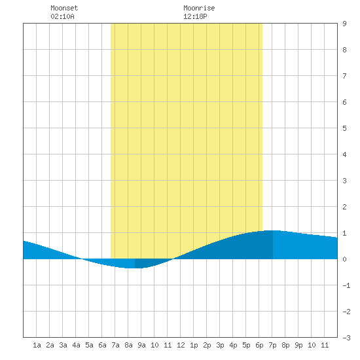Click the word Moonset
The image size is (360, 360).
click(x=64, y=8)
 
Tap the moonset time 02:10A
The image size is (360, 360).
click(x=62, y=16)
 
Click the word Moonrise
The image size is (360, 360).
click(x=199, y=8)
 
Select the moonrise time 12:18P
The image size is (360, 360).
click(x=195, y=16)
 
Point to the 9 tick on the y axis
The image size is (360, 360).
click(x=344, y=24)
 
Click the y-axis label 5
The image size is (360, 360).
click(x=344, y=128)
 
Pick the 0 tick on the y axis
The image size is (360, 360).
click(x=344, y=259)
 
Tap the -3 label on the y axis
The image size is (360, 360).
click(x=346, y=338)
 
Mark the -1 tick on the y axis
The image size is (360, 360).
click(x=346, y=285)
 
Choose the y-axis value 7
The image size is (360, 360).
click(x=344, y=76)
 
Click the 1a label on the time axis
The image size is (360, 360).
click(x=37, y=345)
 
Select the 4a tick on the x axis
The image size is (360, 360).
click(x=76, y=345)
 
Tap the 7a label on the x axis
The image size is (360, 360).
click(x=115, y=345)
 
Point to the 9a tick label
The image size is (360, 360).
click(x=141, y=345)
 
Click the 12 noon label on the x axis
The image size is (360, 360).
click(x=181, y=345)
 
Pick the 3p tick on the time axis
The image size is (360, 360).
click(x=220, y=345)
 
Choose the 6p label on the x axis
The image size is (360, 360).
click(x=259, y=345)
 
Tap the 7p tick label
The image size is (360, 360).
click(x=272, y=345)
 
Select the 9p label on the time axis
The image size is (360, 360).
click(x=298, y=345)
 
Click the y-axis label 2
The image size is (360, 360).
click(x=344, y=207)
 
